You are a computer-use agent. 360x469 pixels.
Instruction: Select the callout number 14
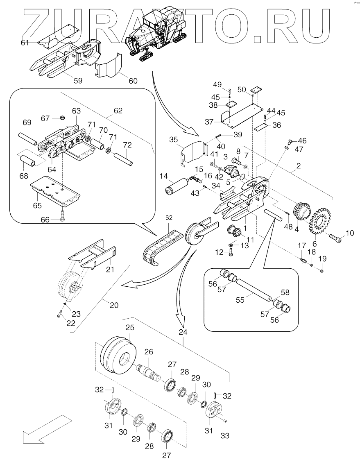click(164, 177)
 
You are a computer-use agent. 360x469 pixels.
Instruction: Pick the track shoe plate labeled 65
click(55, 193)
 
